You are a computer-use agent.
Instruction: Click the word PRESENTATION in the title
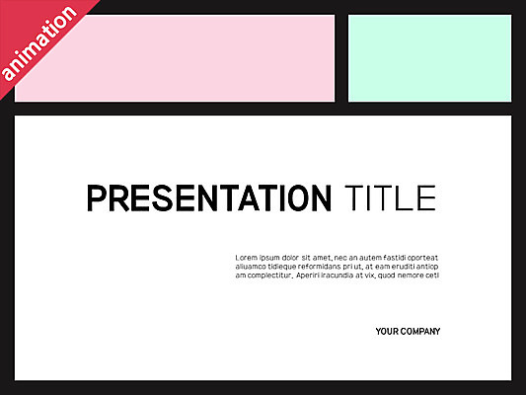coord(209,198)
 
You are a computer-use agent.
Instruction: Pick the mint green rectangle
coord(429,57)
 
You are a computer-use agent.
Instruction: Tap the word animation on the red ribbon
coord(39,44)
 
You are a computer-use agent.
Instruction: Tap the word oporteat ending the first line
coord(424,257)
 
